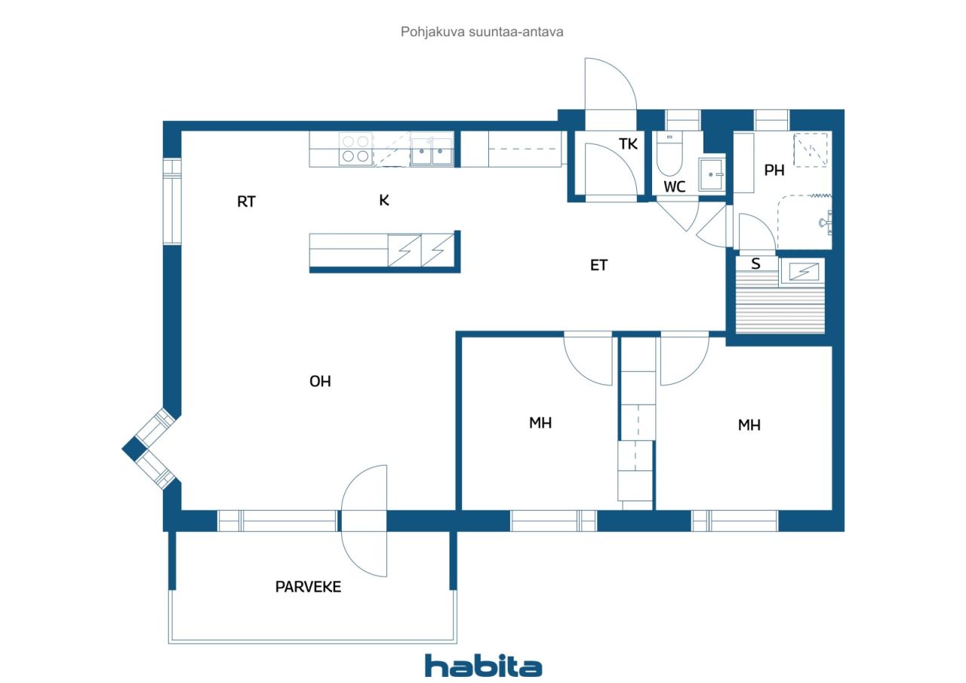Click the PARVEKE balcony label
tap(308, 587)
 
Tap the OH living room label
tap(320, 381)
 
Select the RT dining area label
tap(246, 202)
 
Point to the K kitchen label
tap(384, 200)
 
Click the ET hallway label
tap(598, 265)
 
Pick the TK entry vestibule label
tap(628, 143)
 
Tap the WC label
tap(675, 186)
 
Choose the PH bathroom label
tap(774, 171)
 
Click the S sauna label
tap(755, 263)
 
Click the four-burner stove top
tap(355, 149)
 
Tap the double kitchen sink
tap(431, 150)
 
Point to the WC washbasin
tap(712, 174)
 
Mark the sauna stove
tap(802, 272)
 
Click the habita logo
tap(484, 666)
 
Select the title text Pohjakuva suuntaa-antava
tap(481, 32)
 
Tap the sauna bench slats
tap(780, 308)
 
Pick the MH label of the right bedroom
tap(749, 425)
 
